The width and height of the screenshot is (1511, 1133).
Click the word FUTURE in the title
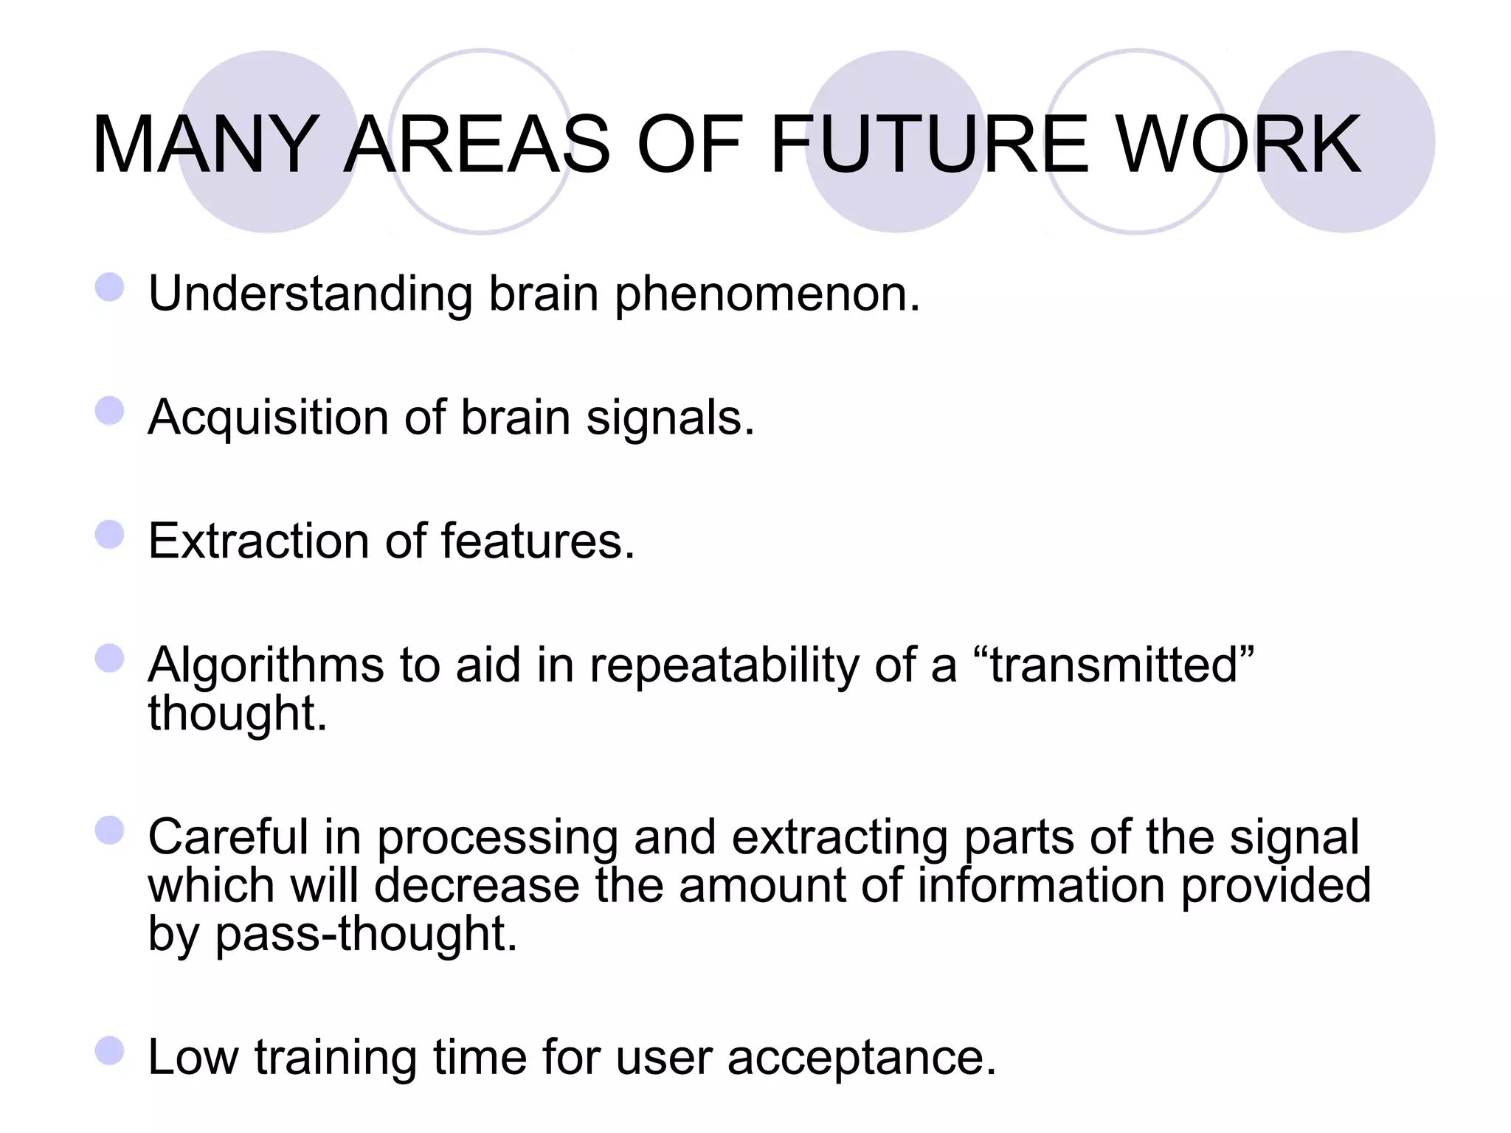(929, 145)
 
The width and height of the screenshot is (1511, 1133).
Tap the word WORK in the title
(1239, 145)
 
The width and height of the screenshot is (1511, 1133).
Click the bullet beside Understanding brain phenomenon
(109, 287)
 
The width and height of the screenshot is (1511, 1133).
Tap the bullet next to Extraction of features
(109, 535)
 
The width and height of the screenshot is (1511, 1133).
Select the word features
(538, 541)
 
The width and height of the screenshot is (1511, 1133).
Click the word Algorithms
(266, 666)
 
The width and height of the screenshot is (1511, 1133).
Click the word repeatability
(724, 666)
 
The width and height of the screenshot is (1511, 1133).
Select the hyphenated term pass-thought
(366, 935)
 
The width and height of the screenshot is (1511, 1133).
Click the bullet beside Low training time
(109, 1051)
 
